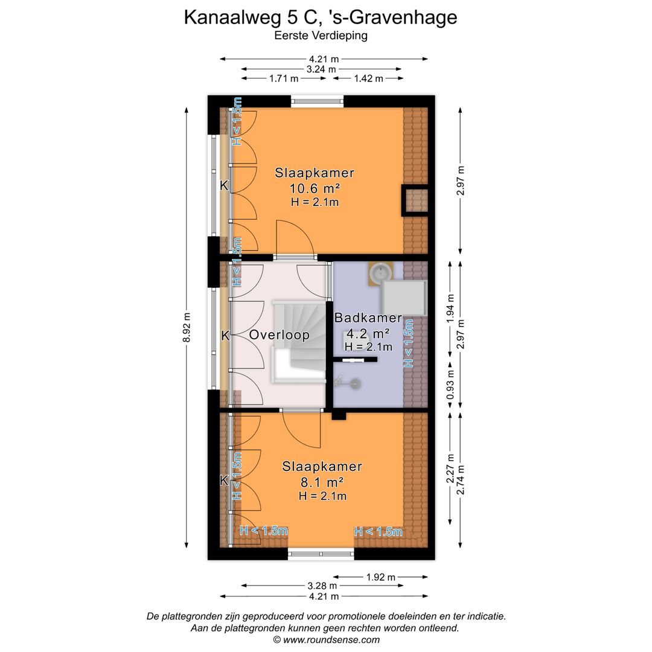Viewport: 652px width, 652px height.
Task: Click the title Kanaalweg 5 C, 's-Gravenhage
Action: tap(321, 18)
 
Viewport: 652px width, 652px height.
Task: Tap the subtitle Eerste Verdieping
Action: tap(321, 36)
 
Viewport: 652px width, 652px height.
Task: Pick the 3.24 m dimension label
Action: tap(321, 69)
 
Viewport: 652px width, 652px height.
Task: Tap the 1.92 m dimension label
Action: tap(381, 577)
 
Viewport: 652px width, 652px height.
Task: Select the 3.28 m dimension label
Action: tap(321, 586)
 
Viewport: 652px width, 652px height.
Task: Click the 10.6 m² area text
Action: tap(315, 188)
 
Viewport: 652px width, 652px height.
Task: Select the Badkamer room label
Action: tap(368, 318)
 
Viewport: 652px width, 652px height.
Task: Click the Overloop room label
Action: tap(279, 335)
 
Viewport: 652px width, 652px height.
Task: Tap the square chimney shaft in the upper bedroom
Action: tap(415, 200)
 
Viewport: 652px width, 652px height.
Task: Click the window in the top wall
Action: tap(318, 101)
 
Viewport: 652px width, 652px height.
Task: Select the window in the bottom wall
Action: tap(321, 553)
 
